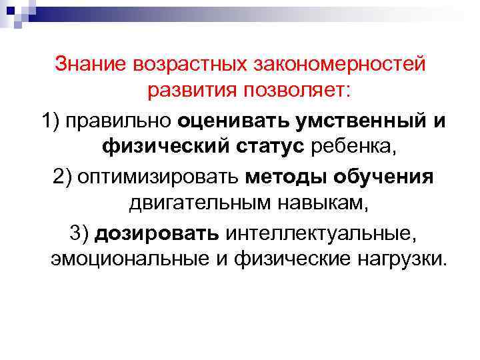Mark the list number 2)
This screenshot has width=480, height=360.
click(61, 178)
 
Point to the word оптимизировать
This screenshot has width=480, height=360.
click(161, 178)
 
